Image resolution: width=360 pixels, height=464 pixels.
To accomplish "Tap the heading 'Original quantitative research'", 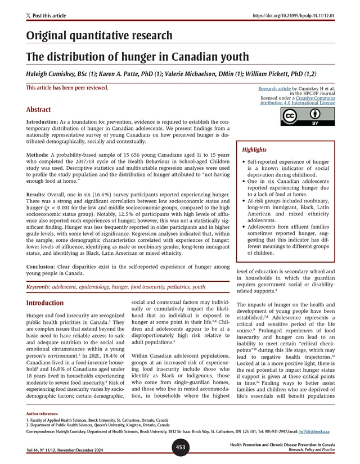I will [99, 36].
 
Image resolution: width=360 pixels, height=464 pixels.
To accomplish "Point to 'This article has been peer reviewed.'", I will [67, 88].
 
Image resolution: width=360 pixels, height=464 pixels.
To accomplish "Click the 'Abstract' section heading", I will [38, 109].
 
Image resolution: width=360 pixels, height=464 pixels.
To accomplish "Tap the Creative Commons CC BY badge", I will [300, 116].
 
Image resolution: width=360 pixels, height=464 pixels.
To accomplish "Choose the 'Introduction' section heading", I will [45, 303].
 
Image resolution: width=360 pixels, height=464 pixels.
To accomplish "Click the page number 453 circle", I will [179, 447].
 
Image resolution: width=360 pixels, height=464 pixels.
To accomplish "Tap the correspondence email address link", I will [314, 431].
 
